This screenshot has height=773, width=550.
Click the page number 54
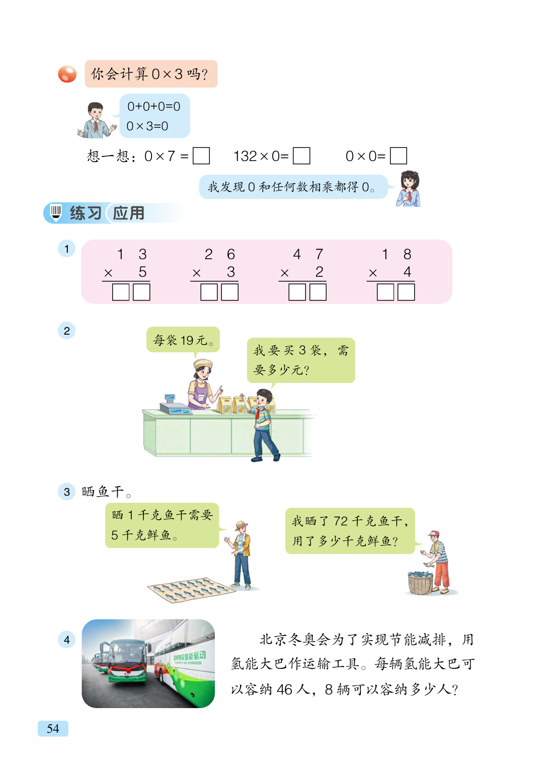coord(53,728)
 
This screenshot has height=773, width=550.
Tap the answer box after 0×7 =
coord(201,156)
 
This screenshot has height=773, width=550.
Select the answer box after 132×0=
coord(301,156)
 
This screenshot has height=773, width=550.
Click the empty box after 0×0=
coord(398,156)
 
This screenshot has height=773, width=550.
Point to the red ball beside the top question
coord(67,74)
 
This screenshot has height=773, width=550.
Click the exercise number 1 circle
coord(67,249)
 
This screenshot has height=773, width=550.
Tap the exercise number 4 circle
coord(67,640)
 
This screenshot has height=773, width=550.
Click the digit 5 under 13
coord(142,272)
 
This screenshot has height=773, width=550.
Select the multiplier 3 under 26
coord(231,272)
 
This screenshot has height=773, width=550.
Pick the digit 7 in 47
coord(319,254)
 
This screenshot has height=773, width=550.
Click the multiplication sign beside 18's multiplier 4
coord(373,273)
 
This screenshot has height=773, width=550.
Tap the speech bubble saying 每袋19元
coord(183,340)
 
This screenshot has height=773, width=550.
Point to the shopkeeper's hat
coord(203,364)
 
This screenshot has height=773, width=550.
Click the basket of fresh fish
coord(420,583)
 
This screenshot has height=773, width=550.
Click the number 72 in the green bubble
coord(341,521)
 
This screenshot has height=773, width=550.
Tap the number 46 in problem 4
coord(284,689)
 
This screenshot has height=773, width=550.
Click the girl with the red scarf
coord(409,189)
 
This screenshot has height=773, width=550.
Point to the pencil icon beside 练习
coord(56,213)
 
